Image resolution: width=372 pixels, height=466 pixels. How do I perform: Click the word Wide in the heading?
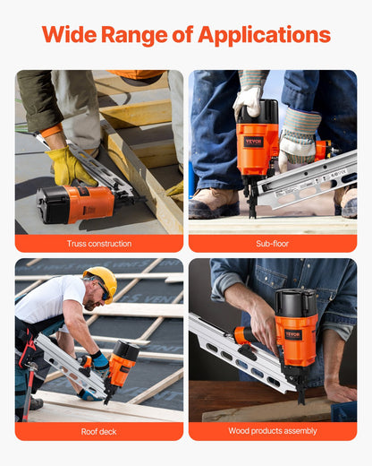(71, 35)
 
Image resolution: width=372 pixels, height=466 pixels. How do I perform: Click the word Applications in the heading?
(264, 36)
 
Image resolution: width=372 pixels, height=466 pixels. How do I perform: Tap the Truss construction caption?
(98, 243)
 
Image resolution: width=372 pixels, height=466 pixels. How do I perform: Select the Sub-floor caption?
(272, 243)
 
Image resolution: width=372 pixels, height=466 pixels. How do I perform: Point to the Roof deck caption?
(98, 431)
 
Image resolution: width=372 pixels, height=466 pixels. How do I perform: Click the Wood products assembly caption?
(272, 431)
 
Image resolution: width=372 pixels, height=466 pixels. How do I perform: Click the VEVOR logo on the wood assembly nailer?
(293, 334)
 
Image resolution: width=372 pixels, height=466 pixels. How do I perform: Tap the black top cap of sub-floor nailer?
(258, 114)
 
